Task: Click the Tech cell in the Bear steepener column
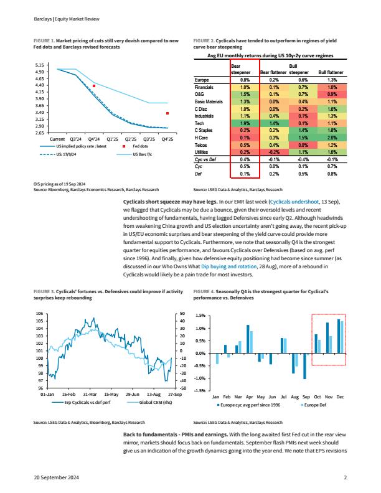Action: click(x=245, y=123)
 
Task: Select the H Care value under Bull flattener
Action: click(x=332, y=138)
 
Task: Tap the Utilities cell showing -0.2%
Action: click(x=274, y=152)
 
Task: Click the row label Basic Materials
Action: click(x=209, y=101)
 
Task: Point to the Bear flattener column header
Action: click(x=273, y=72)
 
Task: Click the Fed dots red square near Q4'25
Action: click(x=167, y=113)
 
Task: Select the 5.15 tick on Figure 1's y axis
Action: click(x=40, y=65)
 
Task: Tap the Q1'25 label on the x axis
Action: click(x=112, y=139)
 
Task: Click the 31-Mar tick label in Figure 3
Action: click(x=90, y=394)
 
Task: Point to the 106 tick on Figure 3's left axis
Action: click(x=40, y=314)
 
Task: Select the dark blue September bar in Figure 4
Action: click(x=304, y=366)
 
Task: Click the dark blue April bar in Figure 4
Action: click(x=248, y=339)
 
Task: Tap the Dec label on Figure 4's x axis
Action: click(x=340, y=397)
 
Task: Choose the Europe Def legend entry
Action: click(x=314, y=405)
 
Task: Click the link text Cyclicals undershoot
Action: click(x=294, y=202)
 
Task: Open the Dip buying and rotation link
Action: click(x=229, y=266)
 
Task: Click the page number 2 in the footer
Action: click(x=345, y=477)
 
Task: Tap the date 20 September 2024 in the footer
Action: click(x=56, y=477)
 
